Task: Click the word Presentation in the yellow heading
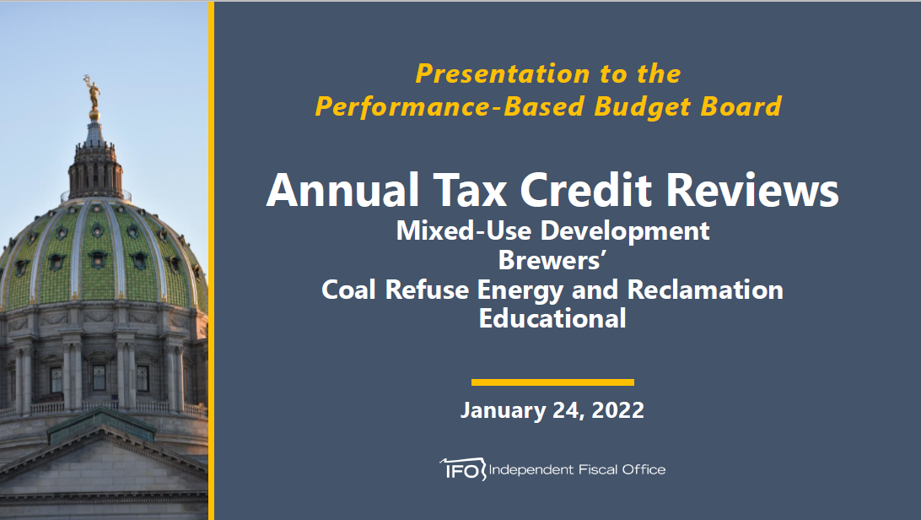[x=502, y=74]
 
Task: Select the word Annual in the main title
[x=343, y=191]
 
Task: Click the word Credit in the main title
[x=586, y=191]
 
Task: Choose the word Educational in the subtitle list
[x=552, y=318]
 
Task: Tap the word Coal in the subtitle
[x=348, y=290]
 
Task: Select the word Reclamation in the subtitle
[x=705, y=290]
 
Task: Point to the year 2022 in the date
[x=618, y=410]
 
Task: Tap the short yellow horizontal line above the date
[x=552, y=382]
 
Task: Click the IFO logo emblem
[x=463, y=469]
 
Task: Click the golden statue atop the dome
[x=92, y=94]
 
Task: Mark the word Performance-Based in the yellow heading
[x=450, y=107]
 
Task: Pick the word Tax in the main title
[x=470, y=191]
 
